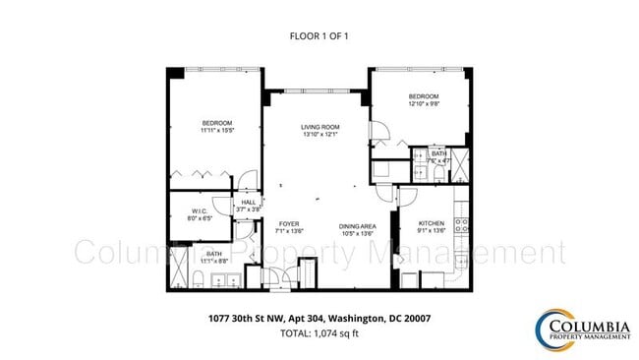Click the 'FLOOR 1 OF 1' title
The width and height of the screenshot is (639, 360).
[319, 36]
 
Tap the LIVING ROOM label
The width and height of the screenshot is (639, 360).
[319, 127]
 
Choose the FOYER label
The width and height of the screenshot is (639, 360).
[288, 224]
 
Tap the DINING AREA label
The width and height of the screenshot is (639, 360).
[357, 224]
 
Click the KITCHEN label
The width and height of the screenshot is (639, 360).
[432, 224]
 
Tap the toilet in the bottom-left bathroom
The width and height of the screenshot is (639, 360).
[196, 283]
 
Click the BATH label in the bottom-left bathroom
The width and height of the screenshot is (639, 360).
[213, 254]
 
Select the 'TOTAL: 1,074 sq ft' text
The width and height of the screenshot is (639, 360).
[319, 334]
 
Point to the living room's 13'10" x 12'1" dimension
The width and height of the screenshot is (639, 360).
[319, 135]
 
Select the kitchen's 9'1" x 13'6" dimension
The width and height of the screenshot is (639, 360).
[432, 232]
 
